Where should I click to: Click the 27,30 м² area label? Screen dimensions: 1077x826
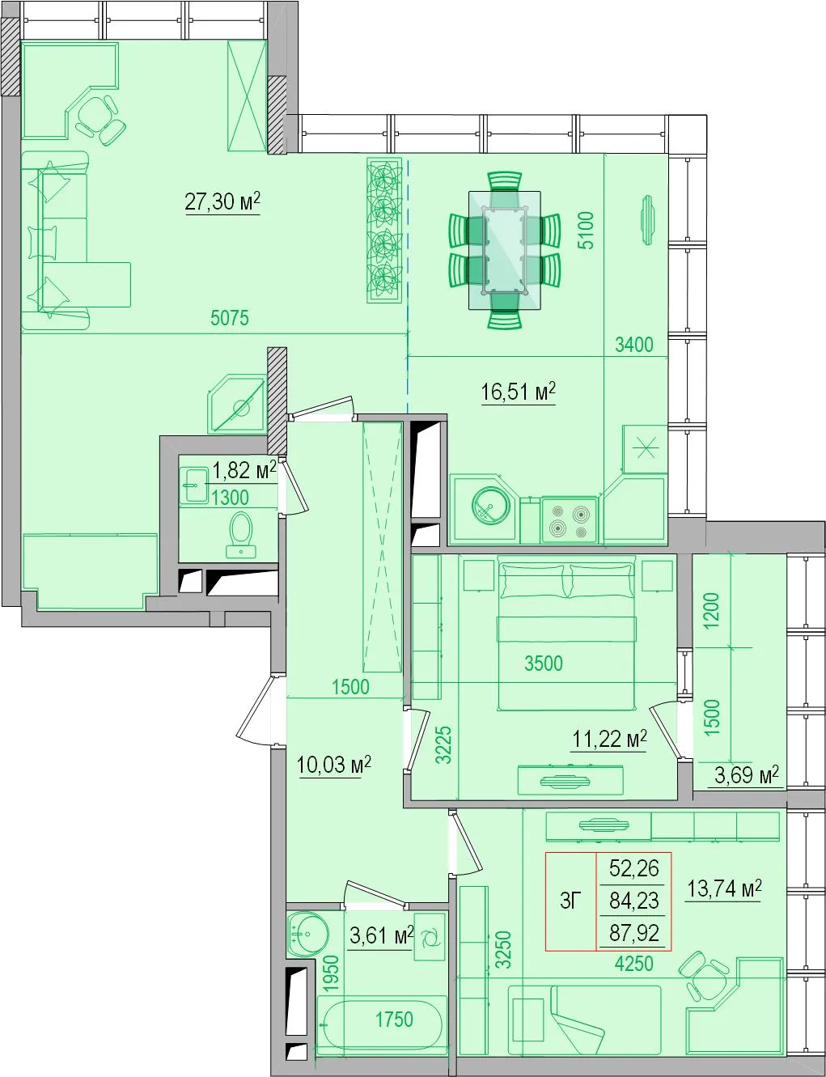click(x=222, y=201)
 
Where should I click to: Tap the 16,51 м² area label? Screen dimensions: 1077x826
click(x=518, y=392)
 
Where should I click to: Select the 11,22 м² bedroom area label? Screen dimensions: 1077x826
click(x=609, y=739)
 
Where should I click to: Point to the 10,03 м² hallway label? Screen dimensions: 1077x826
click(x=333, y=765)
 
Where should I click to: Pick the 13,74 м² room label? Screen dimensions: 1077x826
click(x=724, y=889)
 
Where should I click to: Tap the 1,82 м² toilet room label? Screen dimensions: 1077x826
click(x=244, y=471)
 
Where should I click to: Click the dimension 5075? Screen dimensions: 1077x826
click(x=230, y=318)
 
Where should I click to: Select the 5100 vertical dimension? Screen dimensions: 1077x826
click(x=586, y=230)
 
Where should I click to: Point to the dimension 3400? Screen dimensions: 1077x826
click(x=633, y=345)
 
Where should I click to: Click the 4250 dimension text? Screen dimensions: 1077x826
click(x=633, y=964)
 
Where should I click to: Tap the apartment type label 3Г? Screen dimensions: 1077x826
click(x=571, y=901)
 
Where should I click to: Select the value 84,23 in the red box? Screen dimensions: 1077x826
click(x=633, y=901)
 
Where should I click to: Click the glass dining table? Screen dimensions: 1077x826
click(x=505, y=250)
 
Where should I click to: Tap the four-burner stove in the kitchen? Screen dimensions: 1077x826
click(x=569, y=520)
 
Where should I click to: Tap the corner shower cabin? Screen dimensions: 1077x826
click(x=238, y=404)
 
